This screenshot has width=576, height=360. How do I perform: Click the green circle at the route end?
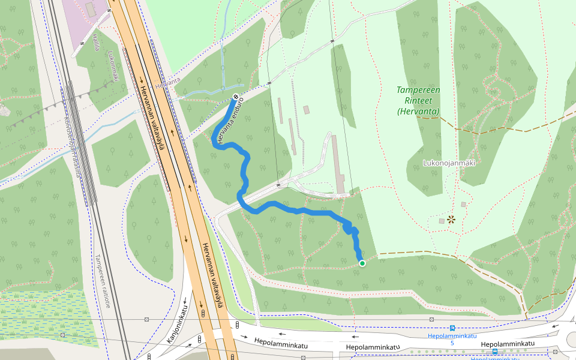[362, 263]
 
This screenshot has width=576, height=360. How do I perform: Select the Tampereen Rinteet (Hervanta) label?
[418, 100]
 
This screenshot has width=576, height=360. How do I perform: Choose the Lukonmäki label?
[113, 65]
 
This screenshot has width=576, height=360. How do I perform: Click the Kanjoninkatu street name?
[178, 324]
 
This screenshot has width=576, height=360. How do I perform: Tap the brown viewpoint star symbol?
[451, 220]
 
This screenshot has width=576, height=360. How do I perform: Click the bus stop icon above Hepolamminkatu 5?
[452, 328]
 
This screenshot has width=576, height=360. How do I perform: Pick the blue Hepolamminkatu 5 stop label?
[452, 339]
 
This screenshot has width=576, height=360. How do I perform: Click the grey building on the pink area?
[91, 9]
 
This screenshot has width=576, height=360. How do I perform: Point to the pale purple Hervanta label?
[167, 83]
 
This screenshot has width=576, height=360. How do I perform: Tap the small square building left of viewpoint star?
[442, 221]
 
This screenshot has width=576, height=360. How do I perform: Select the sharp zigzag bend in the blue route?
[349, 228]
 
